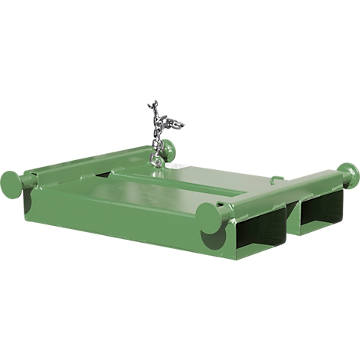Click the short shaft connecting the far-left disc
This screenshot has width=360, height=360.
29,181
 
